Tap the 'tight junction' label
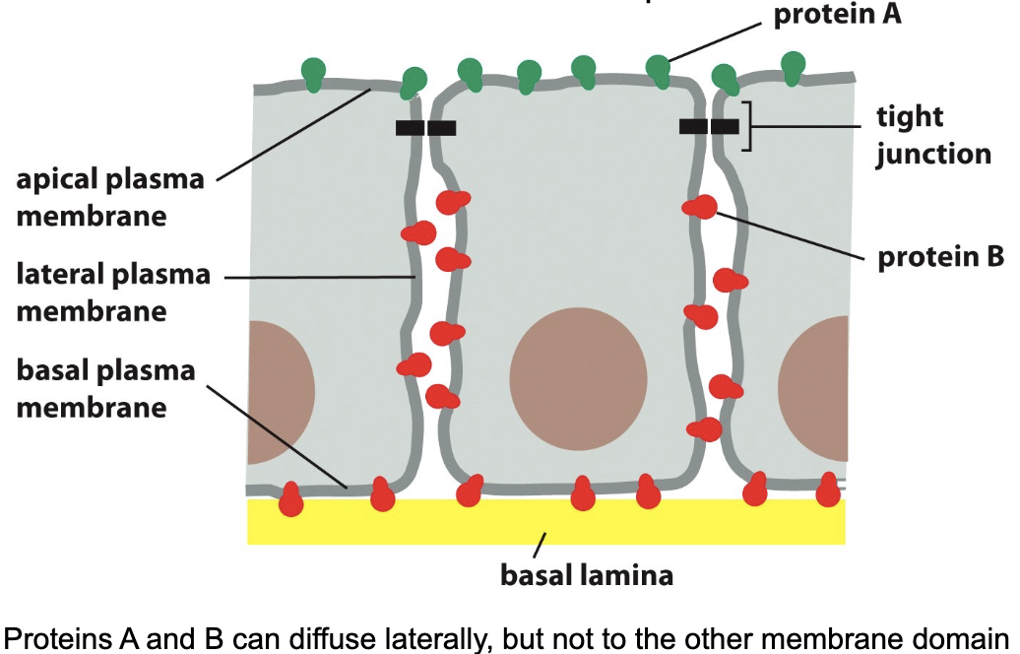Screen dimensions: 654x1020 coord(933,136)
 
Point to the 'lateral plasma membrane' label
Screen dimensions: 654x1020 coord(113,293)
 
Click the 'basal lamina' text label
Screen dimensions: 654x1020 coord(587,574)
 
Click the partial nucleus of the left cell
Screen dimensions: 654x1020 coord(279,391)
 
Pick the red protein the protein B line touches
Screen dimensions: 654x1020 coord(702,207)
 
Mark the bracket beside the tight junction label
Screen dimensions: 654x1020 coord(747,126)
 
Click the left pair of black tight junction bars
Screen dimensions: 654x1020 coord(425,127)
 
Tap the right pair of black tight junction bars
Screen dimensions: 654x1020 coord(709,126)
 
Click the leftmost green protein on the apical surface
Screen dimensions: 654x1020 coord(313,73)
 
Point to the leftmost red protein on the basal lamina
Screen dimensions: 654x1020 coord(291,499)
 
